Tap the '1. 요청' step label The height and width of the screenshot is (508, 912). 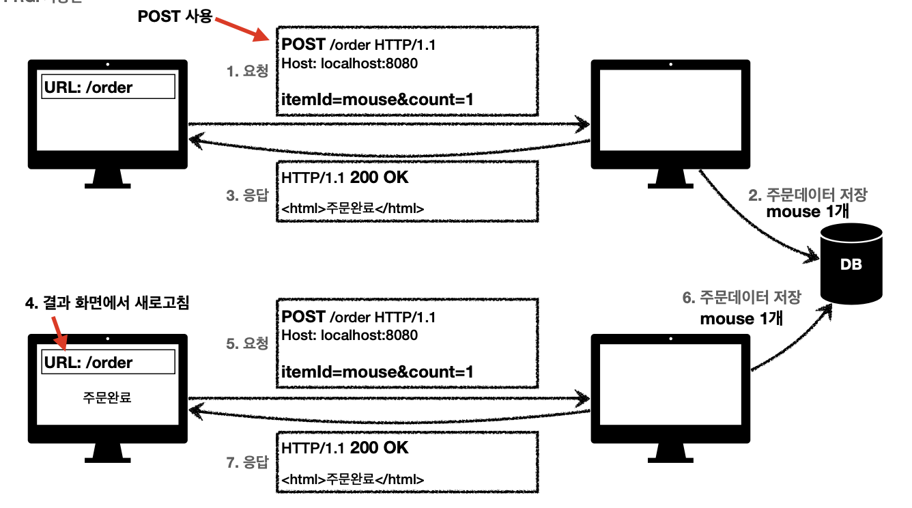click(247, 70)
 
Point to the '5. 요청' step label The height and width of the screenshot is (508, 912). click(247, 343)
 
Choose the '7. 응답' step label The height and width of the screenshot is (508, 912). click(247, 462)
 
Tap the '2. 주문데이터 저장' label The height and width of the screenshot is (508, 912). click(808, 195)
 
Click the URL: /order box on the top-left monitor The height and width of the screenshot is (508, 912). click(108, 87)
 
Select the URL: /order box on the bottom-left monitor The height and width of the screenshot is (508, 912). click(108, 363)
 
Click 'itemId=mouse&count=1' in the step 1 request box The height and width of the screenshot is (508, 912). click(377, 100)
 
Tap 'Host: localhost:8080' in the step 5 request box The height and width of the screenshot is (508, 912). click(350, 335)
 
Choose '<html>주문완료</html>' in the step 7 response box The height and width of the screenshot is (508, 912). click(352, 479)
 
